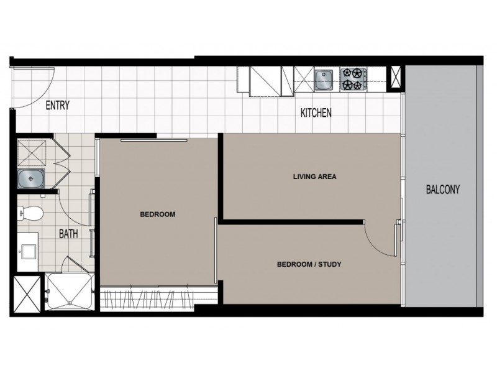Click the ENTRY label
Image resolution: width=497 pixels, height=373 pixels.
pos(58,105)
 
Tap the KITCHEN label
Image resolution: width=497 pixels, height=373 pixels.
pos(316,113)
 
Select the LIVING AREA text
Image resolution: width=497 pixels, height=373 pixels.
pos(314,177)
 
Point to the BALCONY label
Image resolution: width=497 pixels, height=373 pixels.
pos(443,190)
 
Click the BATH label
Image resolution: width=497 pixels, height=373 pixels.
pos(68,234)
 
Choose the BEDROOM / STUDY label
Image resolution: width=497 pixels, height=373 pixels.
pos(309,265)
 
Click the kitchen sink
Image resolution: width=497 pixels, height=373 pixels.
pos(324,78)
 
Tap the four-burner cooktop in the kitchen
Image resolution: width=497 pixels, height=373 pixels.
pos(352,78)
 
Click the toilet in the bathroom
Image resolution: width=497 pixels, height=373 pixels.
pos(29,213)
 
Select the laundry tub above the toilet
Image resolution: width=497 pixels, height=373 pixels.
pos(29,179)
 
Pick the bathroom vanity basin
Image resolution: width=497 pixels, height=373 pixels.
pos(27,252)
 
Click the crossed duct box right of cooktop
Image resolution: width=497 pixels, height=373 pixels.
pos(394,77)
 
